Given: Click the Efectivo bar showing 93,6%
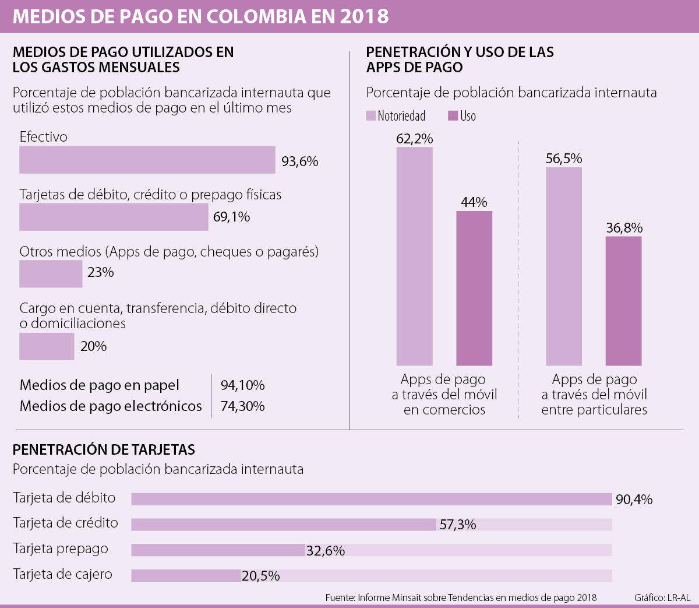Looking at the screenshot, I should [x=147, y=160].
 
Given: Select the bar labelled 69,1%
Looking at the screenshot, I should [x=114, y=217].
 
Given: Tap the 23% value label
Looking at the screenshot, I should [x=101, y=272].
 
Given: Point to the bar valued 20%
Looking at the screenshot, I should [x=47, y=346].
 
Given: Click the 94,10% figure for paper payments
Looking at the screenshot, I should [x=242, y=385].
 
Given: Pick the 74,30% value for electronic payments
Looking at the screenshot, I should [x=242, y=406].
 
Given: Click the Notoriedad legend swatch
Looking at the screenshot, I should [x=370, y=116].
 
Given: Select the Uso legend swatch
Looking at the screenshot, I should [x=453, y=116].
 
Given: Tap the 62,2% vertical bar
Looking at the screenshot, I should [x=415, y=256].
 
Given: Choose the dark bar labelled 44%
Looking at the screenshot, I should [x=474, y=288].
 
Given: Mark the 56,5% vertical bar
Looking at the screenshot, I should [x=564, y=266].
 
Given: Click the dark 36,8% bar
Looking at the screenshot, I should [x=623, y=301].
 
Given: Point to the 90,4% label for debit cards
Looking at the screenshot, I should [x=634, y=500].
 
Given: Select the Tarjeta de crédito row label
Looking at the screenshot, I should [x=65, y=523].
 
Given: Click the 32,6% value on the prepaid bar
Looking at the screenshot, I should [x=326, y=550].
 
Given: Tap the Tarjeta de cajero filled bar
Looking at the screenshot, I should [x=186, y=575].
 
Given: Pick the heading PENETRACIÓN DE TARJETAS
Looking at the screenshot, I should [x=104, y=449].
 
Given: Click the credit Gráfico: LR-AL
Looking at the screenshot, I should [x=662, y=598].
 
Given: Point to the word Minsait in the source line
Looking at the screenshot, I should [x=407, y=598].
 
